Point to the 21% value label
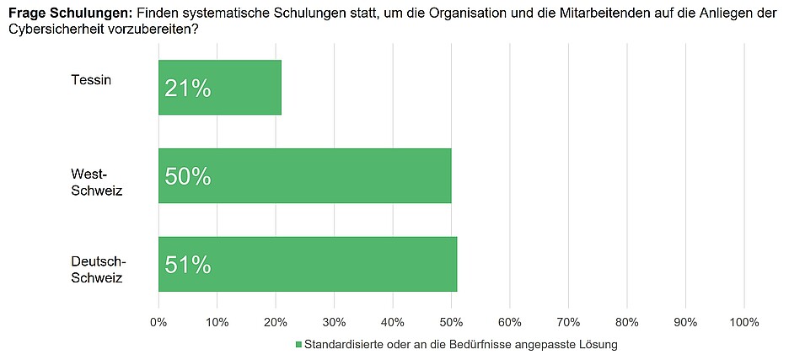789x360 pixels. click(187, 88)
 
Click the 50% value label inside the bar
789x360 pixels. click(187, 176)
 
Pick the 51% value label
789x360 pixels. click(187, 265)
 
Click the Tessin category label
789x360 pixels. click(91, 80)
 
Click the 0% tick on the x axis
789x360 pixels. click(158, 322)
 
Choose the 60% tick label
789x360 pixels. click(509, 322)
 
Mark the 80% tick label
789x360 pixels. click(626, 322)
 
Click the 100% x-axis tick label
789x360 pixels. click(743, 322)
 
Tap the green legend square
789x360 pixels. click(298, 344)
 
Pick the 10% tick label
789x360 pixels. click(217, 322)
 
